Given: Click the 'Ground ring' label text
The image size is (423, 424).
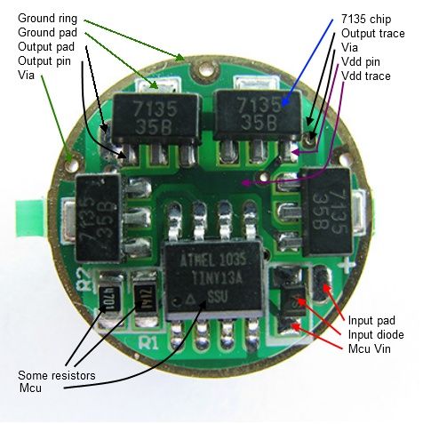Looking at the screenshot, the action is [x=47, y=19].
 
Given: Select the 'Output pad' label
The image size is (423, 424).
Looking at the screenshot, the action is [x=46, y=47].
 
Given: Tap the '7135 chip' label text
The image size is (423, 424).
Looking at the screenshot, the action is [x=366, y=20].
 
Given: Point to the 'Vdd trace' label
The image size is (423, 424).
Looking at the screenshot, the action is [x=366, y=76].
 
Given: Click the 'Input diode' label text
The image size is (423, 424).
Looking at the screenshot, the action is [x=376, y=335].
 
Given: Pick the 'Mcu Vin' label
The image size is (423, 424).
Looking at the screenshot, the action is [x=370, y=348].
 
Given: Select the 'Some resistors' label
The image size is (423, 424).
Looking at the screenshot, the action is [x=57, y=376].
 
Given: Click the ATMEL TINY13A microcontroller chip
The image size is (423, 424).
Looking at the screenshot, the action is [x=214, y=280].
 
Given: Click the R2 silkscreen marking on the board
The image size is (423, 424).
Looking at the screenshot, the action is [x=84, y=281].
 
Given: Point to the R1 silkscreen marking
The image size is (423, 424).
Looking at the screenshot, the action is [x=148, y=343].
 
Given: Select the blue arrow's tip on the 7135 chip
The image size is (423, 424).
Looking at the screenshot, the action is [x=283, y=104].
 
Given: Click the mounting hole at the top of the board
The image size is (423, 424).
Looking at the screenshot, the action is [x=205, y=70].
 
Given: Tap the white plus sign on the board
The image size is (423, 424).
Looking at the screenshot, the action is [x=348, y=265].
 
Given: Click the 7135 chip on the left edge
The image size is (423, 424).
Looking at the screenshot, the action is [x=99, y=218].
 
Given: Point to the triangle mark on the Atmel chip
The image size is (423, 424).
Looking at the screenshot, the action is [x=190, y=300].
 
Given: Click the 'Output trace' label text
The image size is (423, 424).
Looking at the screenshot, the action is [x=373, y=34].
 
